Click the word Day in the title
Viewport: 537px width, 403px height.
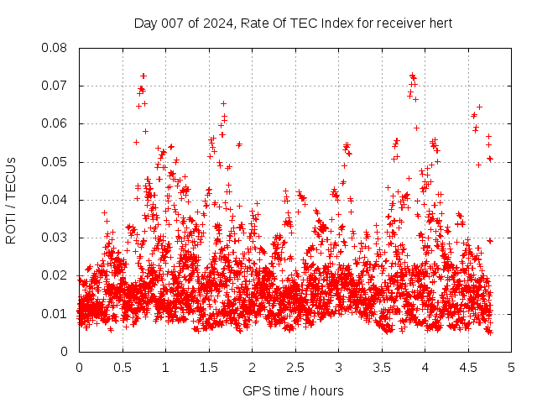click(145, 23)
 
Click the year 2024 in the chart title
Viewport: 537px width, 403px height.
click(215, 23)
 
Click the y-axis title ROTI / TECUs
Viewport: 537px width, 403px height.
click(11, 200)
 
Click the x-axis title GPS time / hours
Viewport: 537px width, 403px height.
click(294, 390)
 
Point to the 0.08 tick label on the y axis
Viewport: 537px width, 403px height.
click(55, 48)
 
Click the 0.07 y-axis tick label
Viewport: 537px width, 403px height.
click(55, 86)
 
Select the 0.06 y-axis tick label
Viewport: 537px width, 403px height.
click(55, 123)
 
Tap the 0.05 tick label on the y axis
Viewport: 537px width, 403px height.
click(55, 162)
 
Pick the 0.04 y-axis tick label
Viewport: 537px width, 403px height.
click(55, 200)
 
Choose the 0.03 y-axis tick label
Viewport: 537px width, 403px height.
click(55, 238)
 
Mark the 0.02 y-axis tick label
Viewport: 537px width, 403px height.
click(55, 275)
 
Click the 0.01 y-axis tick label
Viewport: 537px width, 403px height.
click(55, 314)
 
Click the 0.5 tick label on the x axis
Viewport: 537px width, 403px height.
click(123, 367)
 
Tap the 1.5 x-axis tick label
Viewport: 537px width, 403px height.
click(209, 367)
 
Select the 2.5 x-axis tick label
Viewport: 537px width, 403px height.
click(295, 367)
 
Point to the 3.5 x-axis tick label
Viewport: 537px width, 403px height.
click(382, 367)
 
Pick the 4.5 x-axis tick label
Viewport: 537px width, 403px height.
click(468, 367)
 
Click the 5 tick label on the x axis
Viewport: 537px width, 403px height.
click(511, 367)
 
